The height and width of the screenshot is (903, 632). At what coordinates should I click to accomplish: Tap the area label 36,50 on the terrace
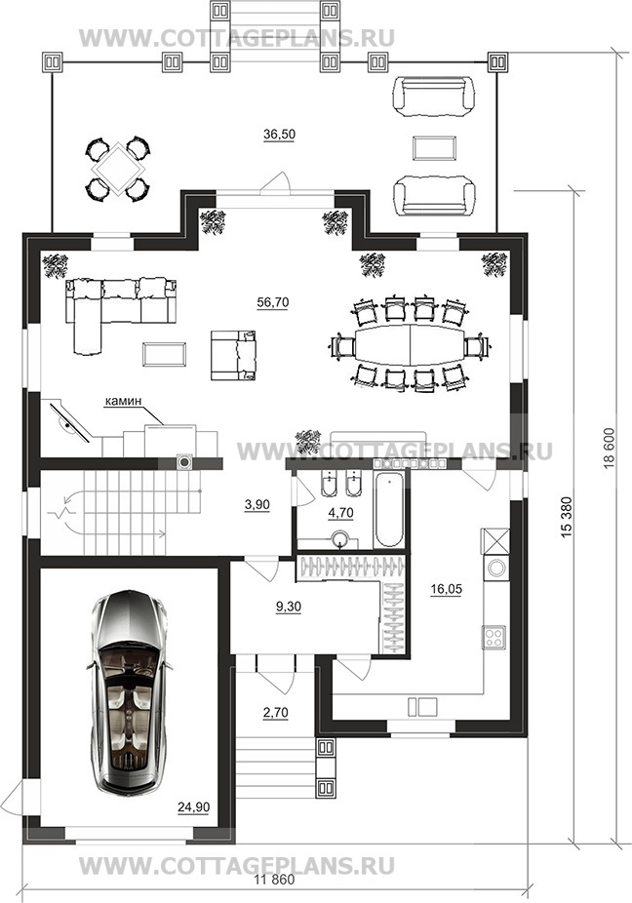pyautogui.click(x=279, y=135)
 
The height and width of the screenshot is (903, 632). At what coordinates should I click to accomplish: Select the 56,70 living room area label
pyautogui.click(x=273, y=302)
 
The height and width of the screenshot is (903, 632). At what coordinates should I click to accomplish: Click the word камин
pyautogui.click(x=123, y=402)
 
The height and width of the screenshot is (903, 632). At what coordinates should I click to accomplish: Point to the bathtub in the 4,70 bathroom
pyautogui.click(x=389, y=510)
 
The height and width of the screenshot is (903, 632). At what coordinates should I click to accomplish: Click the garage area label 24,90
pyautogui.click(x=193, y=806)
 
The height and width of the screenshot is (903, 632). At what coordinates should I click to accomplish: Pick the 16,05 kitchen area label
pyautogui.click(x=446, y=589)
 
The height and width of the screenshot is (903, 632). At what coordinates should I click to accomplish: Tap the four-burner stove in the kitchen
pyautogui.click(x=494, y=637)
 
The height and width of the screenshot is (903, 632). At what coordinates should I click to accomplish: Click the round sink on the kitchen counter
pyautogui.click(x=495, y=568)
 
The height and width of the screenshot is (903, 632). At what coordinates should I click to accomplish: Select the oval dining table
pyautogui.click(x=410, y=344)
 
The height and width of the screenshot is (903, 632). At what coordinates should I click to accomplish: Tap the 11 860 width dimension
pyautogui.click(x=274, y=880)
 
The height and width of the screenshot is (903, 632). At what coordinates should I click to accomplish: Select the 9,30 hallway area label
pyautogui.click(x=289, y=607)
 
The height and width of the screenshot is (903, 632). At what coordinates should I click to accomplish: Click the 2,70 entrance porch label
pyautogui.click(x=275, y=713)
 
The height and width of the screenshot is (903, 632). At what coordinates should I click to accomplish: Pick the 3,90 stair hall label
pyautogui.click(x=257, y=504)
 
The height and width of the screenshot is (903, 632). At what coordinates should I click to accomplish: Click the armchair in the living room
pyautogui.click(x=233, y=355)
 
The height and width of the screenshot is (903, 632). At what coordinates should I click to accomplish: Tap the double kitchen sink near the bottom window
pyautogui.click(x=422, y=706)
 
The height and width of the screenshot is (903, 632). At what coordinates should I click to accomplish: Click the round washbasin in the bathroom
pyautogui.click(x=342, y=539)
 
